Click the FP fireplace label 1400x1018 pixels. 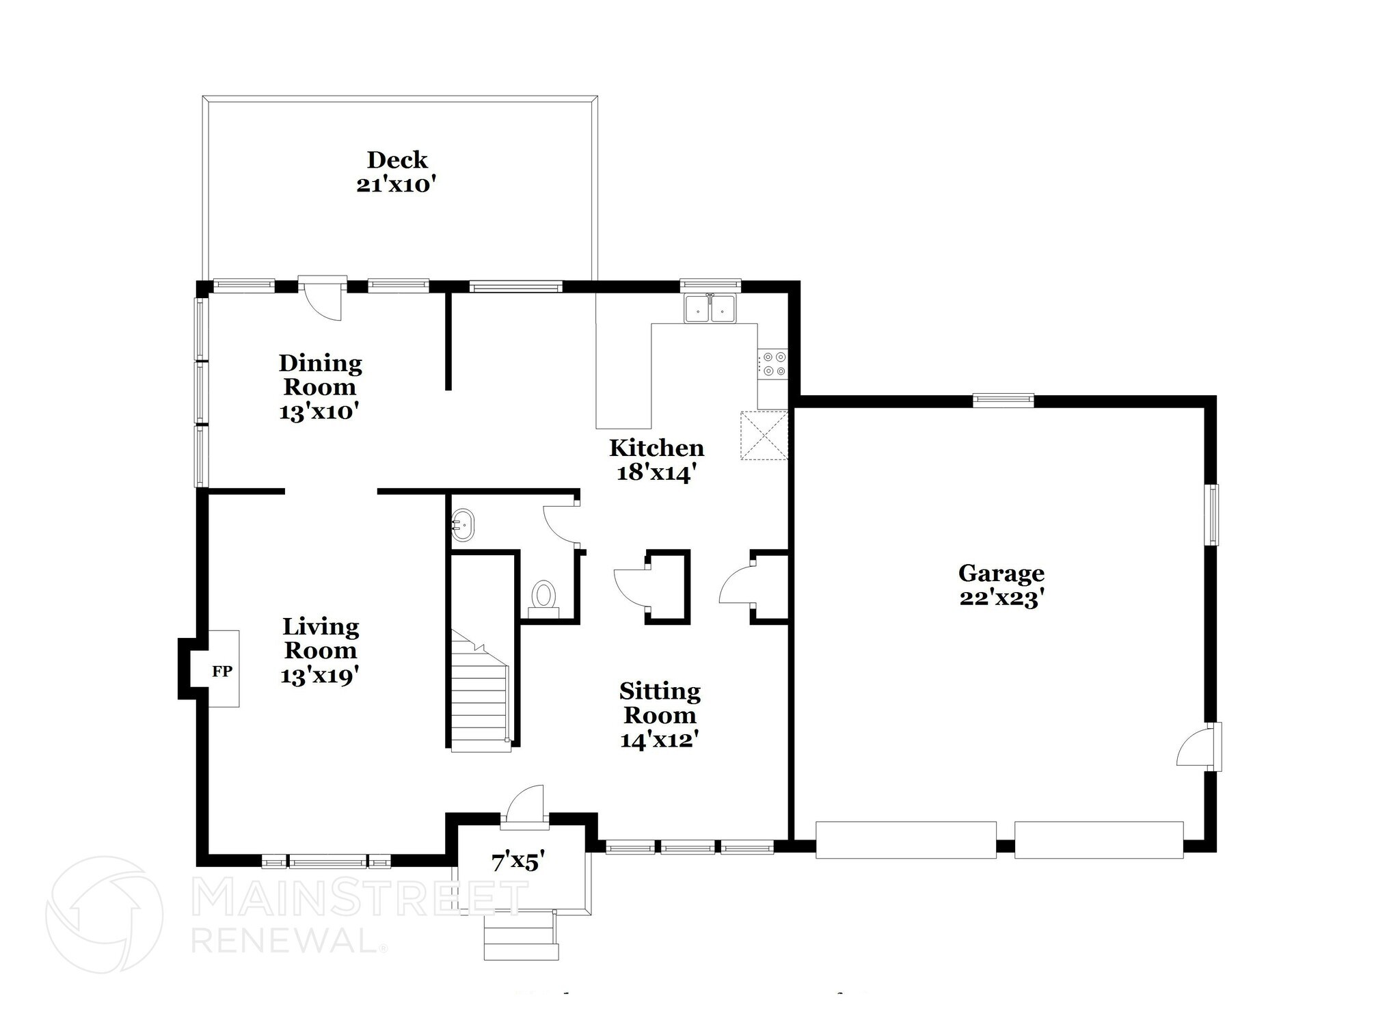point(222,671)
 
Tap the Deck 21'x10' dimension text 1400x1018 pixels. point(396,185)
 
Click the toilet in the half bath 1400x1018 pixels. point(544,596)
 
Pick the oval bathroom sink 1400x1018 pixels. point(463,525)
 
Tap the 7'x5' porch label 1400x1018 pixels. point(517,861)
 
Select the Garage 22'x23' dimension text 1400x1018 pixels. point(1001,598)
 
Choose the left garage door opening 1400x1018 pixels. point(906,840)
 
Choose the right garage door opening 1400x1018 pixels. point(1099,840)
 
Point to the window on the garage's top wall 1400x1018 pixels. point(1003,401)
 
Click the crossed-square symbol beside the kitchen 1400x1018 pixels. point(764,436)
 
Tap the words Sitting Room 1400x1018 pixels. point(660,703)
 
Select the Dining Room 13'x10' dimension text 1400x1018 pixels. point(319,412)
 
